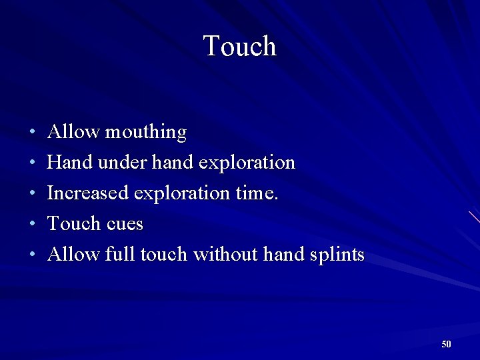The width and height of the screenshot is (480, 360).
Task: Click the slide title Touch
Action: pos(239,46)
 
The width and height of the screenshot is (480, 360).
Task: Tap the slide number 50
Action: pos(446,344)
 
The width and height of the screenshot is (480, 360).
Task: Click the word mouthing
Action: pos(146,132)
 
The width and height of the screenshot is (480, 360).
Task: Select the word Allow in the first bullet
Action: pos(73,132)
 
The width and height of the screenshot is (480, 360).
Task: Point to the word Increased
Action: pos(88,193)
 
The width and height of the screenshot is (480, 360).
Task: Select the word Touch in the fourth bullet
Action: pos(71,223)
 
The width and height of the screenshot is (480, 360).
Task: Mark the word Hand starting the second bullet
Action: pos(67,162)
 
